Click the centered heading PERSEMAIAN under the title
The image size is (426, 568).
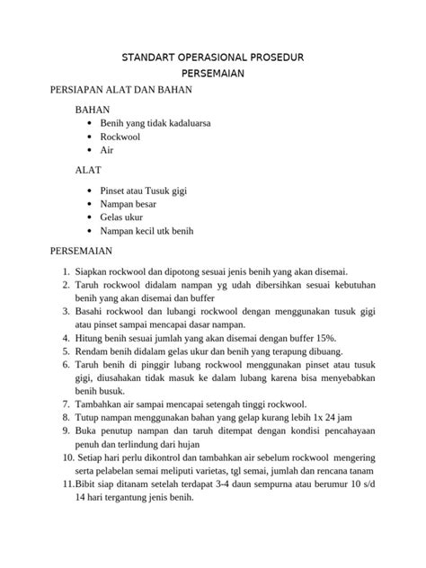pos(213,75)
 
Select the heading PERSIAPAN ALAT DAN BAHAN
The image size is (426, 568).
pos(110,92)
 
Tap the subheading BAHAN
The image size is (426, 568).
pos(93,110)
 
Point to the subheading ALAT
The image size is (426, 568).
pos(89,170)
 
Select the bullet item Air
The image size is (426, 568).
pos(107,152)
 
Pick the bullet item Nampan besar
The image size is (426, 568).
pos(128,203)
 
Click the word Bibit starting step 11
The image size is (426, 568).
pos(88,484)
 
